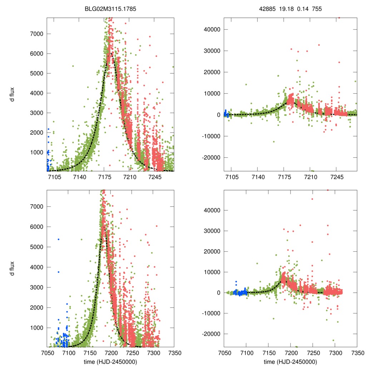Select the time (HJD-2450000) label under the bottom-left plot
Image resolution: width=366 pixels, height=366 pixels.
click(x=110, y=361)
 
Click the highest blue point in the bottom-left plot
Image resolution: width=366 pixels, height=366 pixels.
click(x=58, y=239)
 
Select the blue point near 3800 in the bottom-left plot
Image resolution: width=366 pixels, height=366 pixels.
click(x=58, y=272)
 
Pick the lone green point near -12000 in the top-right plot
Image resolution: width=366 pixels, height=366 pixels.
click(x=274, y=142)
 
